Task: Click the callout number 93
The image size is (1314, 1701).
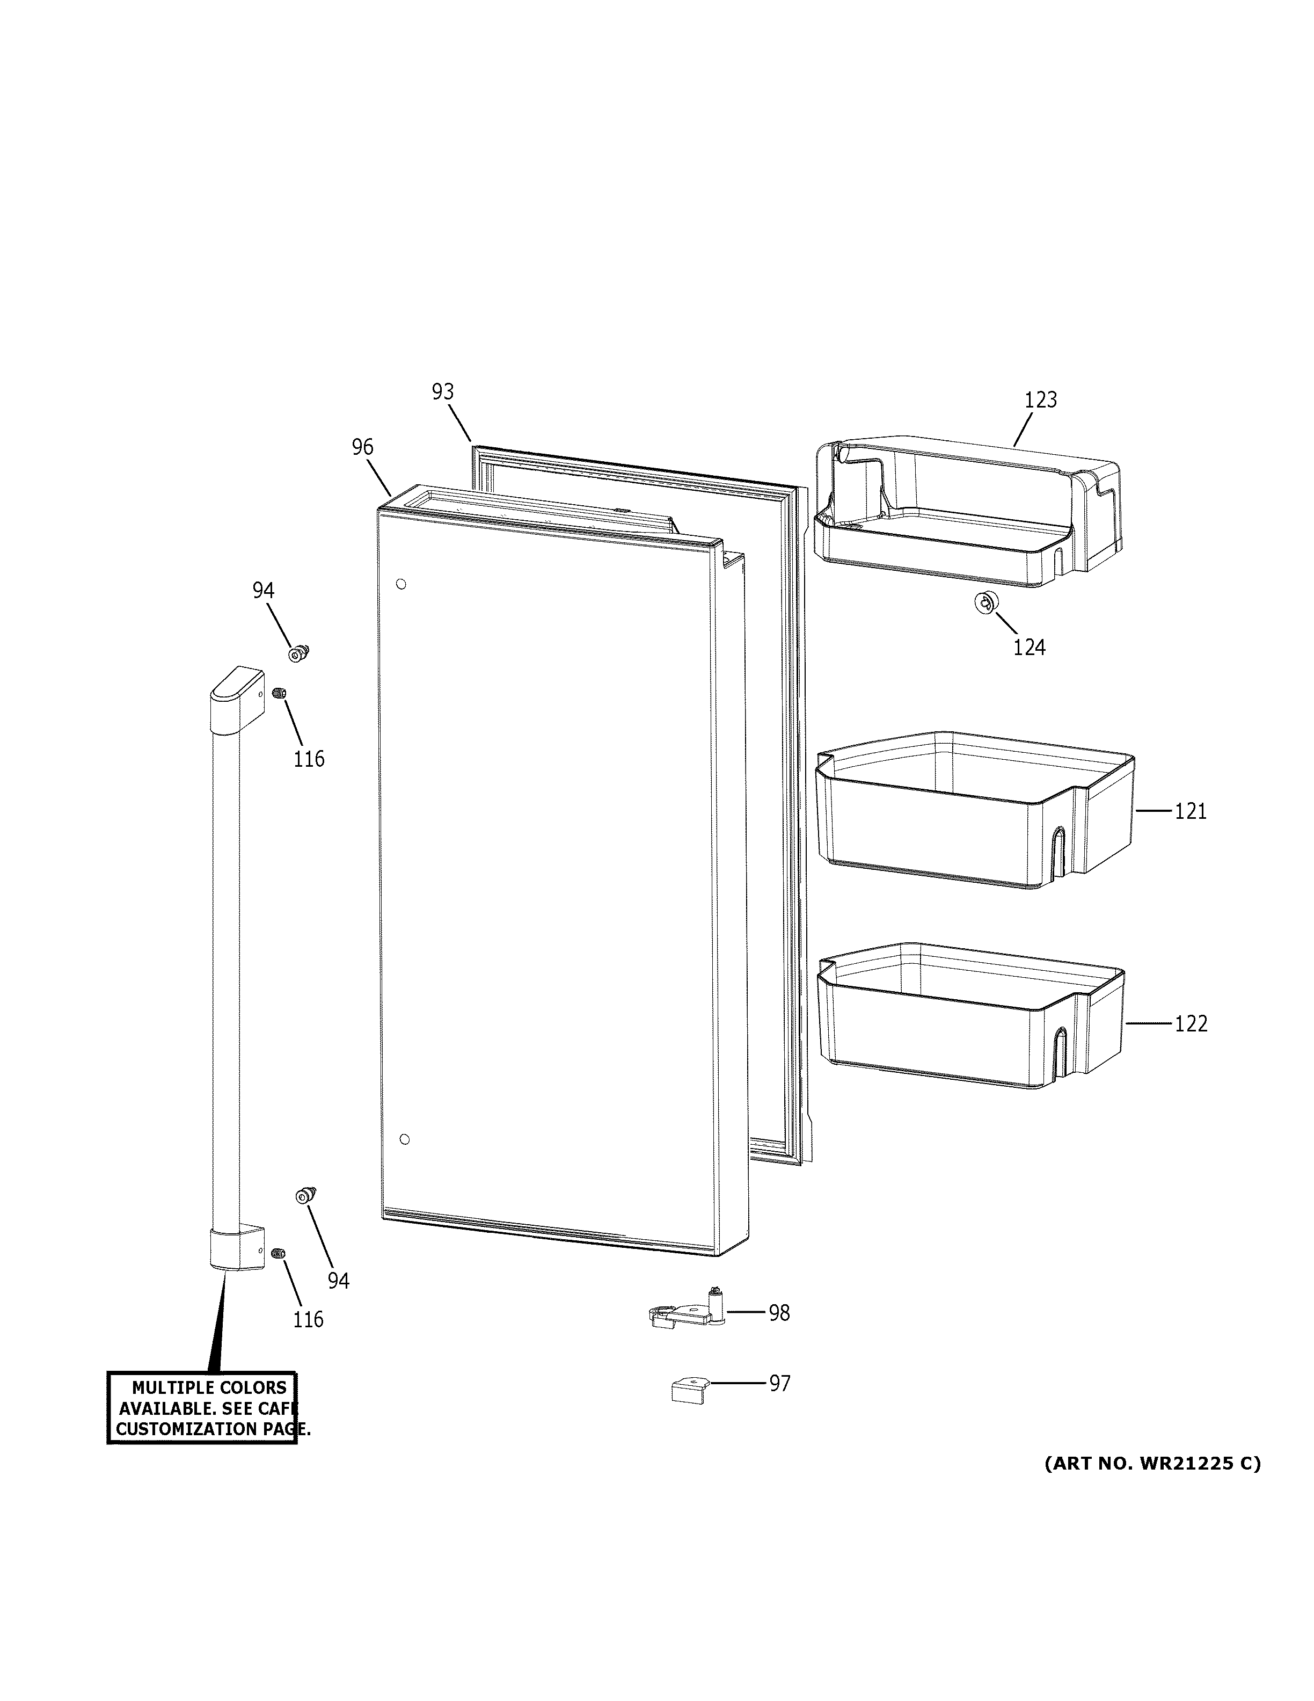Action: pos(442,392)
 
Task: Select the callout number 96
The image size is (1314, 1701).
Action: pos(362,447)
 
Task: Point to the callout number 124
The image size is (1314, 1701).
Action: pos(1028,647)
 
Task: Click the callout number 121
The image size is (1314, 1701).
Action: pos(1189,811)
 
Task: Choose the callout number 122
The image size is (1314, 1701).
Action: pos(1190,1023)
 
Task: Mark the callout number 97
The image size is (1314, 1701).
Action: pos(779,1383)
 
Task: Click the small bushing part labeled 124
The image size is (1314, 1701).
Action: pos(985,602)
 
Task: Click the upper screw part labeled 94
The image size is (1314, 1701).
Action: pos(297,653)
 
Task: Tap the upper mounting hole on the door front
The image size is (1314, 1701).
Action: pos(401,584)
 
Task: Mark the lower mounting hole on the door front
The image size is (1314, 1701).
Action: pos(404,1139)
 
